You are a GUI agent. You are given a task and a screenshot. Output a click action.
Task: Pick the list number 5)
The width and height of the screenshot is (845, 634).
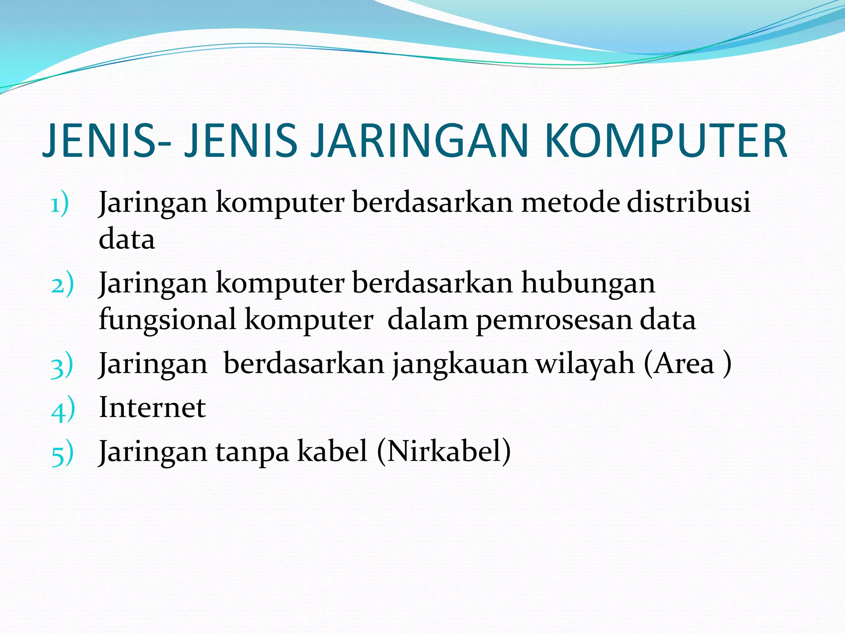[62, 453]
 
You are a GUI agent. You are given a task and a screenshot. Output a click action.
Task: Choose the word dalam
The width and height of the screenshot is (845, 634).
[427, 320]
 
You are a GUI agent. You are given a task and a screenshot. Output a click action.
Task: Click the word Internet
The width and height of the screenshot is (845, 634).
[152, 408]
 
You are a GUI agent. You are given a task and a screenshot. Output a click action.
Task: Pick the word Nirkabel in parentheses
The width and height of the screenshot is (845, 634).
[443, 451]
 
